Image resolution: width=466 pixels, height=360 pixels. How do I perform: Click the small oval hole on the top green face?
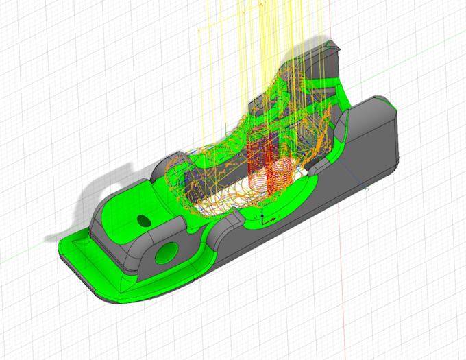point(144,220)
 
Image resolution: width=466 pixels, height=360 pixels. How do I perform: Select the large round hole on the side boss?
point(167,253)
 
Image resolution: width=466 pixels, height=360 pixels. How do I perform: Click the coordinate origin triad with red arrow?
point(265,219)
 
